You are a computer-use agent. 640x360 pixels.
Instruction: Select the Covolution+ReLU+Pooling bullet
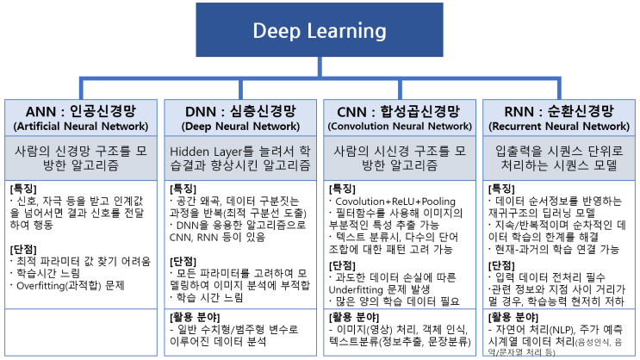coord(389,201)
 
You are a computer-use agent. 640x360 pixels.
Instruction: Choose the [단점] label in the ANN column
coord(22,248)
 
